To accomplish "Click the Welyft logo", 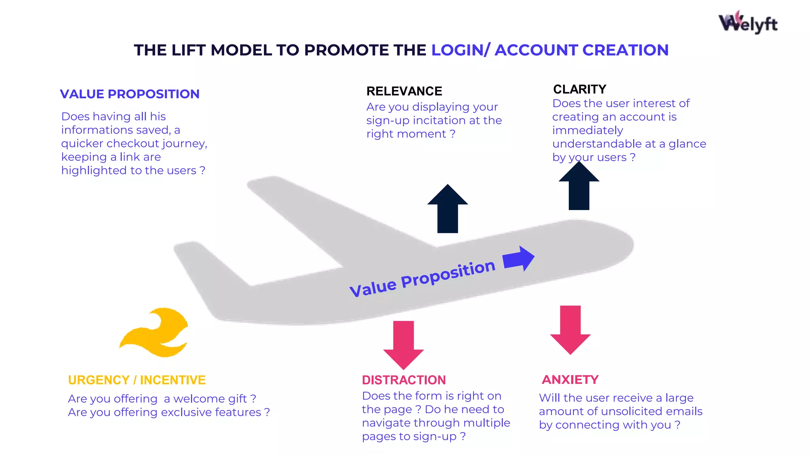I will [x=748, y=23].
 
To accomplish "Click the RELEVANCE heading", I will [x=404, y=91].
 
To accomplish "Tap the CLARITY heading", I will [x=579, y=89].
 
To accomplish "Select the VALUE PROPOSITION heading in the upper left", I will [x=130, y=94].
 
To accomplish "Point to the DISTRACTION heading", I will [x=404, y=380].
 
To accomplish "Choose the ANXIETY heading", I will [x=570, y=380].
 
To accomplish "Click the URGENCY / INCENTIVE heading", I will [x=137, y=380].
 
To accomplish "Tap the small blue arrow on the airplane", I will [x=519, y=259].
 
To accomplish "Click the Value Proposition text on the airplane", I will [x=422, y=278].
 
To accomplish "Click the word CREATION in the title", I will [x=625, y=50].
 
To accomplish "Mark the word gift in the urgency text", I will [x=236, y=399].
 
